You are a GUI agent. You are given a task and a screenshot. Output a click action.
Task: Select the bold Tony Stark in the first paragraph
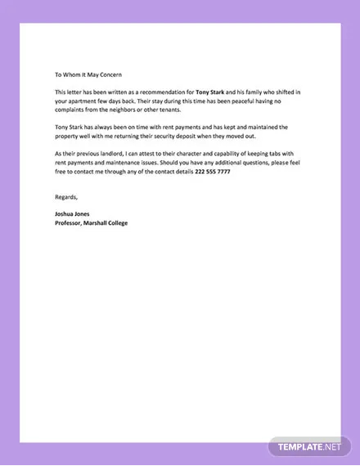click(x=211, y=92)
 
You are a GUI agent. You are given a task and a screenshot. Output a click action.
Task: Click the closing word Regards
click(x=66, y=196)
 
